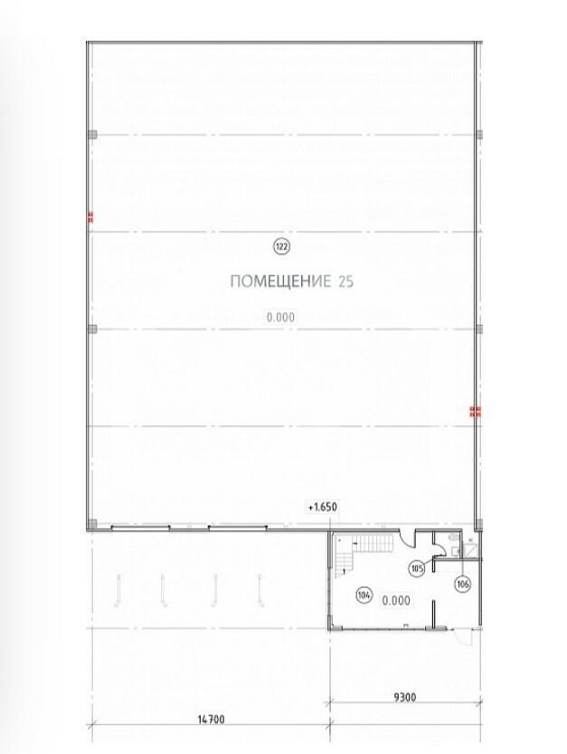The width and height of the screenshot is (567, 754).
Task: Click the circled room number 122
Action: (x=281, y=247)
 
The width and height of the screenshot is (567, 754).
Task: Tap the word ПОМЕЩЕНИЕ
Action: (x=280, y=282)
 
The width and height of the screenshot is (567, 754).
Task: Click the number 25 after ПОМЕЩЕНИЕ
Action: (x=346, y=282)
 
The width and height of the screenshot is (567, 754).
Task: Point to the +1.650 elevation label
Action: (x=323, y=507)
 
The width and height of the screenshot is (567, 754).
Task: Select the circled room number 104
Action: (x=364, y=596)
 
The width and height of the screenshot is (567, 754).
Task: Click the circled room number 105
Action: (x=417, y=568)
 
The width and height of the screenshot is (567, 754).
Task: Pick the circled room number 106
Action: (x=463, y=584)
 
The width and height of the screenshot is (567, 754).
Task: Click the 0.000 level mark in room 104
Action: (x=396, y=601)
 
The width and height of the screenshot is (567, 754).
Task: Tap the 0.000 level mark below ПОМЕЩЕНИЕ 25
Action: (x=280, y=318)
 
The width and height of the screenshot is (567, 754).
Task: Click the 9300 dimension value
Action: (x=405, y=697)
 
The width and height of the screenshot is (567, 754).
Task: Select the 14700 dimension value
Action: (x=211, y=720)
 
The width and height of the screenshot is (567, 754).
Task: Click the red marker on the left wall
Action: (x=90, y=217)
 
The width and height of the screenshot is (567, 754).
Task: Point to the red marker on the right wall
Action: (x=476, y=412)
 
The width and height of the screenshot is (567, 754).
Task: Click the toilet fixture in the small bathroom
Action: (x=453, y=537)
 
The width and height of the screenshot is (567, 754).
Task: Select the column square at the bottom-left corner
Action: (x=92, y=524)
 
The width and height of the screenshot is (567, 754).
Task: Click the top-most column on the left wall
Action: (x=92, y=135)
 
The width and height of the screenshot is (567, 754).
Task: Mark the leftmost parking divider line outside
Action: (x=118, y=590)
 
